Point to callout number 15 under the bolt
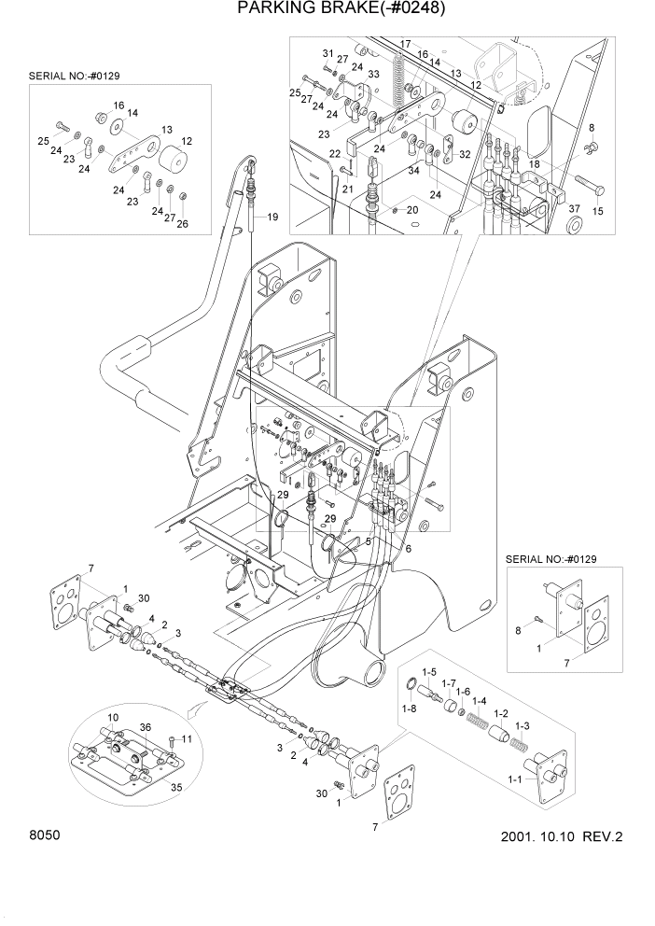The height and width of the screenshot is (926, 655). pyautogui.click(x=597, y=212)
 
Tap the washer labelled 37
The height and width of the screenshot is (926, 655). pyautogui.click(x=573, y=222)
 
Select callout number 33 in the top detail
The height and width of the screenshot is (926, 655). pyautogui.click(x=373, y=74)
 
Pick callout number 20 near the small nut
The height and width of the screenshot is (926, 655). pyautogui.click(x=411, y=210)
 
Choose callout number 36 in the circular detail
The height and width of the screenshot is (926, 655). pyautogui.click(x=145, y=727)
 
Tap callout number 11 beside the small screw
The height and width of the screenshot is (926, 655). pyautogui.click(x=186, y=738)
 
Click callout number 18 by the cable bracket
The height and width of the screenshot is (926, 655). pyautogui.click(x=534, y=163)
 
